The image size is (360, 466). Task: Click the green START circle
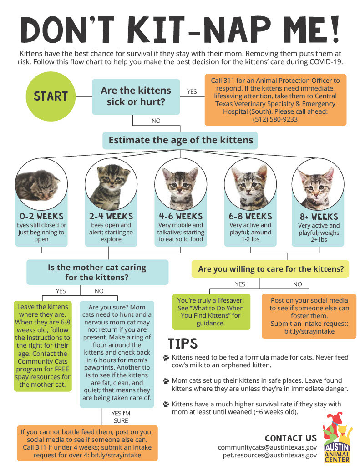pyautogui.click(x=51, y=96)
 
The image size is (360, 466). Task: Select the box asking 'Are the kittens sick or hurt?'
pyautogui.click(x=136, y=96)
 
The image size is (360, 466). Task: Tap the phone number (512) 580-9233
pyautogui.click(x=275, y=120)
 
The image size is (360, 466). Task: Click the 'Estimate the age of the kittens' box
pyautogui.click(x=180, y=140)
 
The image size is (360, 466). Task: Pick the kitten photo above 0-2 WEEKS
pyautogui.click(x=41, y=184)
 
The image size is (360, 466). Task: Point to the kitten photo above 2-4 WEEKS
pyautogui.click(x=111, y=184)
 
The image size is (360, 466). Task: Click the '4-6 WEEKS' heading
pyautogui.click(x=181, y=216)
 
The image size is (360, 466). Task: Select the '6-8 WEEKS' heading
pyautogui.click(x=250, y=216)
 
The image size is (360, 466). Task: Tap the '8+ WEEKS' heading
pyautogui.click(x=319, y=217)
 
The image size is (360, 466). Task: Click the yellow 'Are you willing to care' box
pyautogui.click(x=270, y=269)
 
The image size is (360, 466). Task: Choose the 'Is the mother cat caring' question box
pyautogui.click(x=97, y=272)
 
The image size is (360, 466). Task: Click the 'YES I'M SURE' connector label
pyautogui.click(x=121, y=417)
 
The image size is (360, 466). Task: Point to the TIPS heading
pyautogui.click(x=183, y=344)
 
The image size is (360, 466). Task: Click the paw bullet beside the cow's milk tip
pyautogui.click(x=166, y=358)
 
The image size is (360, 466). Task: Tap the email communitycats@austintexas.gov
pyautogui.click(x=267, y=447)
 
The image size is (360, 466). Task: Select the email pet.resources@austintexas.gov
pyautogui.click(x=269, y=455)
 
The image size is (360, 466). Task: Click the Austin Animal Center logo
pyautogui.click(x=337, y=437)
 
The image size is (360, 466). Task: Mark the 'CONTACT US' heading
pyautogui.click(x=291, y=438)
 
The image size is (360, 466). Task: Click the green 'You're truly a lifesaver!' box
pyautogui.click(x=211, y=312)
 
